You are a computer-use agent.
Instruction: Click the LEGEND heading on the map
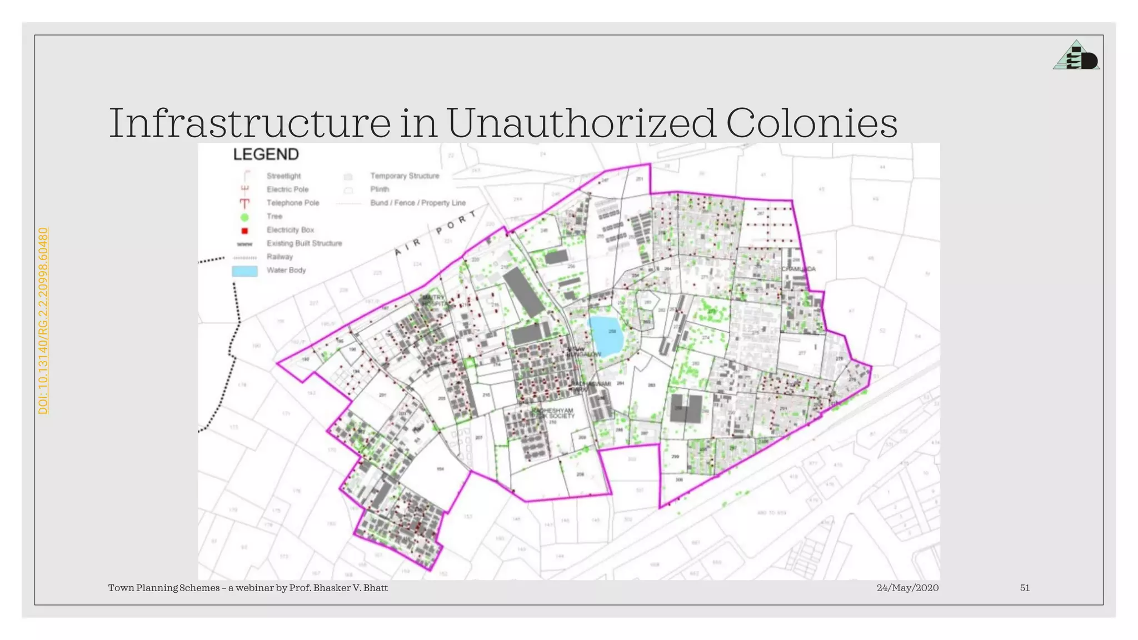(266, 154)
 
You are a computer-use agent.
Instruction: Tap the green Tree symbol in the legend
(244, 217)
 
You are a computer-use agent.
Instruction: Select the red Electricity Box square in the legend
(244, 231)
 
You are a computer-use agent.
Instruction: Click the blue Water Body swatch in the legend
(244, 271)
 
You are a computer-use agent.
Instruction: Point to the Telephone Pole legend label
(293, 203)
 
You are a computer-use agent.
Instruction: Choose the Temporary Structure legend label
(405, 176)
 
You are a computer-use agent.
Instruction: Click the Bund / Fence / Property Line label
(418, 203)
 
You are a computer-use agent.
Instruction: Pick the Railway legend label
(279, 257)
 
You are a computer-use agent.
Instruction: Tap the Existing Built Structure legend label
(304, 243)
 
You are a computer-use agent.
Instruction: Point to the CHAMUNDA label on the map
(799, 269)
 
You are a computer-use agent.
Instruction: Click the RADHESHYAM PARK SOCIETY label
(552, 413)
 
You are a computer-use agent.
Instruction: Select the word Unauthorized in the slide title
(581, 123)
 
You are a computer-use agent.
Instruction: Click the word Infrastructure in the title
(250, 123)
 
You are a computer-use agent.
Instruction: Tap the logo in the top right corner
(1076, 56)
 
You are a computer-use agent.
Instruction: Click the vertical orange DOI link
(43, 321)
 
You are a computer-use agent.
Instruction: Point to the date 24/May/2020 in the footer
(907, 588)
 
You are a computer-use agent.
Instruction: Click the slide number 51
(1025, 588)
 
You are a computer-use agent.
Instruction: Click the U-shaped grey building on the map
(687, 409)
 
